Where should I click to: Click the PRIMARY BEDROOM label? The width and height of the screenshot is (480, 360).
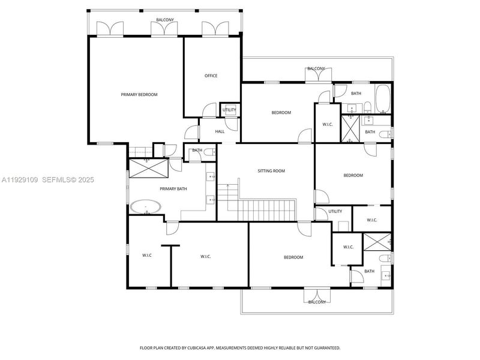point(139,95)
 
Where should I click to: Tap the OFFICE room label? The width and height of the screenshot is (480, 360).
point(211,76)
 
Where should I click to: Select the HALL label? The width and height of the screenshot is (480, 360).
point(220,131)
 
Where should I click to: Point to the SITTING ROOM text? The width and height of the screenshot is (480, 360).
point(271,171)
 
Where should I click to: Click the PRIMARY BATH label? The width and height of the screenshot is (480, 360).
point(173,189)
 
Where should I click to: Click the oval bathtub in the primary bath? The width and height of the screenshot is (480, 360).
point(146,208)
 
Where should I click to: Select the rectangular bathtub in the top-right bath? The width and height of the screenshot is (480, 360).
point(383,100)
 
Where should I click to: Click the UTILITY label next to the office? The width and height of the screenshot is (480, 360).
point(229,110)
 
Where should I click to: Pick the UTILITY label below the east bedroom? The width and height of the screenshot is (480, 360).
point(335,211)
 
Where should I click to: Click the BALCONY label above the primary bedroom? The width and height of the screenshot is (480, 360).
point(165,20)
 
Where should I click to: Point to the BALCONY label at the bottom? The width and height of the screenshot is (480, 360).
point(317,302)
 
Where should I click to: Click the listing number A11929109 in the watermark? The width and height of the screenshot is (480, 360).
point(20,179)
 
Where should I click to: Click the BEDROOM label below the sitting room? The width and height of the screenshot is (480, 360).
point(293,257)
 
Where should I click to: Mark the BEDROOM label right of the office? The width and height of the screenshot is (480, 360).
point(281,113)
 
